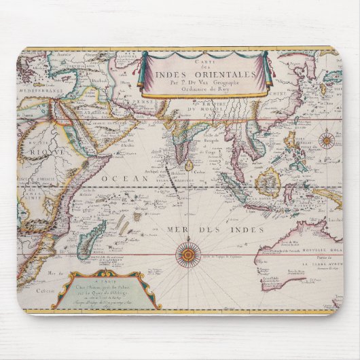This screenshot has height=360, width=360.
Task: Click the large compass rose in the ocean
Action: (187, 255)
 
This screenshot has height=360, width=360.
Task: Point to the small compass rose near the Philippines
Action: (327, 141)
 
